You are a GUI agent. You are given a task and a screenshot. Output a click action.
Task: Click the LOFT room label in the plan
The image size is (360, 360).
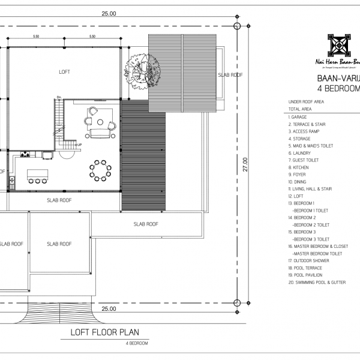click(64, 72)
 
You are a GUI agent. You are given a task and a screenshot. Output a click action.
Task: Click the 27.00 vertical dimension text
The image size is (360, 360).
click(246, 165)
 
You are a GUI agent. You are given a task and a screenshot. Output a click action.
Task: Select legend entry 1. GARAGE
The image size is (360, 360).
click(302, 117)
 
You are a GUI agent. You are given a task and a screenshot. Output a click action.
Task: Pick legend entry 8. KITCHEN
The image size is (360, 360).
click(302, 167)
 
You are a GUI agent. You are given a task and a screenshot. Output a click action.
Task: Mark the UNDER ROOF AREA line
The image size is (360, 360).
click(306, 102)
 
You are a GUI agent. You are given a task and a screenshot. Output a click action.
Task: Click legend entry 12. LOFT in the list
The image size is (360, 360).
click(298, 196)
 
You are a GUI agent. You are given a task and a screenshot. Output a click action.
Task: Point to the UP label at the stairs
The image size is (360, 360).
click(79, 145)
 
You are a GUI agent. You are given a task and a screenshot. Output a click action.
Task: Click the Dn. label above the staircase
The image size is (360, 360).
click(59, 97)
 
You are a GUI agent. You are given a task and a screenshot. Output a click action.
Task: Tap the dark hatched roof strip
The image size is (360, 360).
click(144, 155)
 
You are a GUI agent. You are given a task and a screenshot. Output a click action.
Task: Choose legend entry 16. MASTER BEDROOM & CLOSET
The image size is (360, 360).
click(318, 246)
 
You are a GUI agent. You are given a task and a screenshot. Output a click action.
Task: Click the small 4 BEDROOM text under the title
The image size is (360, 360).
click(137, 343)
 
